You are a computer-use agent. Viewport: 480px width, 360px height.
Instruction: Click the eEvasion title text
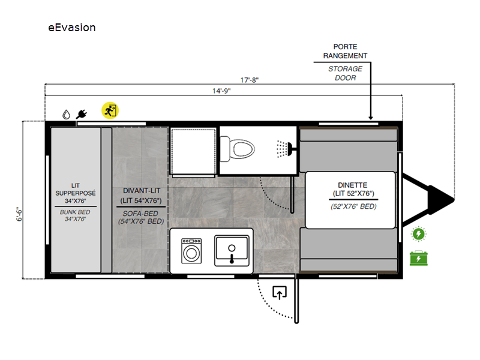pyautogui.click(x=72, y=28)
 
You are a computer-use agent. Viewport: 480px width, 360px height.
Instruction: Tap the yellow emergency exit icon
pyautogui.click(x=110, y=110)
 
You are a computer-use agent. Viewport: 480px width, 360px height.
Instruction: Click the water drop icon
pyautogui.click(x=66, y=115)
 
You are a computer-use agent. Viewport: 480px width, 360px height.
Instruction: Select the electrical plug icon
pyautogui.click(x=82, y=114)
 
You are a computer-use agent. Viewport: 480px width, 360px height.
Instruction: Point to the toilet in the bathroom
pyautogui.click(x=237, y=149)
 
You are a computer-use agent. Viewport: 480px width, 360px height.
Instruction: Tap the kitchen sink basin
pyautogui.click(x=232, y=250)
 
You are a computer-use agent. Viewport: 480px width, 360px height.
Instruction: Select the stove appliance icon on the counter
pyautogui.click(x=191, y=251)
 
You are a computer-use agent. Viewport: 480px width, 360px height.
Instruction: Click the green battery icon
pyautogui.click(x=418, y=258)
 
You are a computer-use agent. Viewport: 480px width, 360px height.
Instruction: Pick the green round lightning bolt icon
pyautogui.click(x=418, y=234)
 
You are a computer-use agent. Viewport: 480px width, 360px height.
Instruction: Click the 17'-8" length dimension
pyautogui.click(x=249, y=80)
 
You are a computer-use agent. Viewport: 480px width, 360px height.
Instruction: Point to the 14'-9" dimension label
pyautogui.click(x=221, y=91)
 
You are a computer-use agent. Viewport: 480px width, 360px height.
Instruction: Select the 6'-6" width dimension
pyautogui.click(x=19, y=214)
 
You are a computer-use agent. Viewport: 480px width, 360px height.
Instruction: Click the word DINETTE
pyautogui.click(x=353, y=185)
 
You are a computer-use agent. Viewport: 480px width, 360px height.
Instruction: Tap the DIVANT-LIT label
pyautogui.click(x=142, y=191)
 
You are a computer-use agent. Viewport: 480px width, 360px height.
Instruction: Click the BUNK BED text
pyautogui.click(x=75, y=212)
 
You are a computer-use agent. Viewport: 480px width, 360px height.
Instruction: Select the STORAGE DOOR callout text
pyautogui.click(x=346, y=73)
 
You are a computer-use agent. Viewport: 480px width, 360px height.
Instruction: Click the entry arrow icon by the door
pyautogui.click(x=280, y=292)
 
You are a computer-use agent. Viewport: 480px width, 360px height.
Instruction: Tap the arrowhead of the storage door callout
pyautogui.click(x=370, y=118)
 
